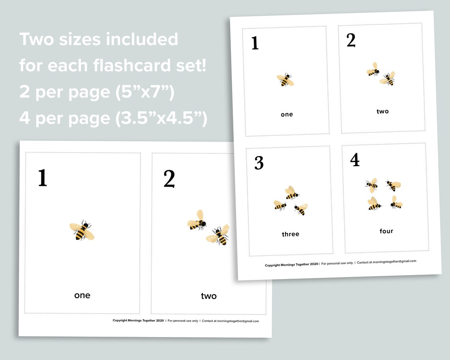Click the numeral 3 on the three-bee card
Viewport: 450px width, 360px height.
click(259, 163)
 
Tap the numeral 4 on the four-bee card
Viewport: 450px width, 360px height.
click(355, 159)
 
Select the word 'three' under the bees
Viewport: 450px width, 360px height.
click(291, 234)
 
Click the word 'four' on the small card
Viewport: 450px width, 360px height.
click(386, 231)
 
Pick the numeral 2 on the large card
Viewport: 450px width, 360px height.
click(169, 179)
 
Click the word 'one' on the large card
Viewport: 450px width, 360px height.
click(82, 295)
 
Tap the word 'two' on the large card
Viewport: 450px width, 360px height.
click(208, 296)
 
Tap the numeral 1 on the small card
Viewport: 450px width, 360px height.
click(255, 43)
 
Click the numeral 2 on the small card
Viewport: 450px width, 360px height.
click(351, 40)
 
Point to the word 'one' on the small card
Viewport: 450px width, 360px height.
click(287, 114)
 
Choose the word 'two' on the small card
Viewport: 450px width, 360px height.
click(382, 111)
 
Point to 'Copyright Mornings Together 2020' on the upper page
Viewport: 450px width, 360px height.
click(291, 264)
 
